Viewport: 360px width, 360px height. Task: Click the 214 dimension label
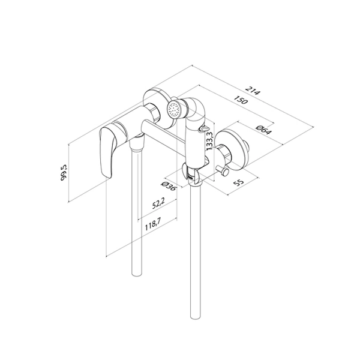point(253,91)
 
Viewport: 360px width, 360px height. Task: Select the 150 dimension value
point(241,100)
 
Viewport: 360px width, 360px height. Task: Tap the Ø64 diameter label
point(264,130)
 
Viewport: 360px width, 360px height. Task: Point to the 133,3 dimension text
point(210,141)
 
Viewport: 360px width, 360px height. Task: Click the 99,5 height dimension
point(64,172)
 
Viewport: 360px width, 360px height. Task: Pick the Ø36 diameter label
point(169,185)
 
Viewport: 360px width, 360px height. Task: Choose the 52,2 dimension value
point(158,203)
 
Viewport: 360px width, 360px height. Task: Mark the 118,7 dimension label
point(153,224)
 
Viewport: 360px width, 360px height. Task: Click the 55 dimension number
point(238,182)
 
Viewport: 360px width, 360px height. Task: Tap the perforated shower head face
point(173,109)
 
